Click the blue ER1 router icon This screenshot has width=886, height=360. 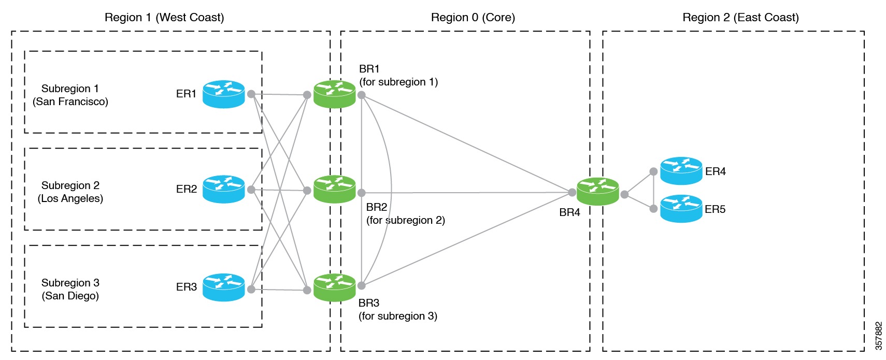click(x=223, y=94)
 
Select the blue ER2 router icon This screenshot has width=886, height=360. click(x=223, y=190)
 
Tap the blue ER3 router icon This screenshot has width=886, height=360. click(x=223, y=287)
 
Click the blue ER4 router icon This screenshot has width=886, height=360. click(x=681, y=171)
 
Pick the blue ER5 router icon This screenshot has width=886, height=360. click(x=681, y=209)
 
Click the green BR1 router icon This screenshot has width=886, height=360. click(x=335, y=94)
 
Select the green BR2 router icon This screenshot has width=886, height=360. click(x=335, y=190)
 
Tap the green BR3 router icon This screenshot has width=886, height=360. click(x=335, y=287)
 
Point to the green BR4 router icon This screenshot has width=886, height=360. click(x=598, y=192)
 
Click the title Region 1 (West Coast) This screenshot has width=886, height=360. click(x=164, y=18)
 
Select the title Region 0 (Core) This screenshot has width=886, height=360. click(x=473, y=18)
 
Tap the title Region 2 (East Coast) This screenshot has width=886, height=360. click(x=740, y=18)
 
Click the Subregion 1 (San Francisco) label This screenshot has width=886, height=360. click(x=70, y=95)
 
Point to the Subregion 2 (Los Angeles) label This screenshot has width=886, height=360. click(x=70, y=192)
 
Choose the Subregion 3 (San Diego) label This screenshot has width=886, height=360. click(x=70, y=290)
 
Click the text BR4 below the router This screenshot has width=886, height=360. click(x=569, y=212)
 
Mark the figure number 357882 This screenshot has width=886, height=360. click(x=878, y=336)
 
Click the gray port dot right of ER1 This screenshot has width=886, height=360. click(x=251, y=94)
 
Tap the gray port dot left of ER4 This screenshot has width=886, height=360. click(x=653, y=171)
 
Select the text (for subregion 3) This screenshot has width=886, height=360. click(x=398, y=316)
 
